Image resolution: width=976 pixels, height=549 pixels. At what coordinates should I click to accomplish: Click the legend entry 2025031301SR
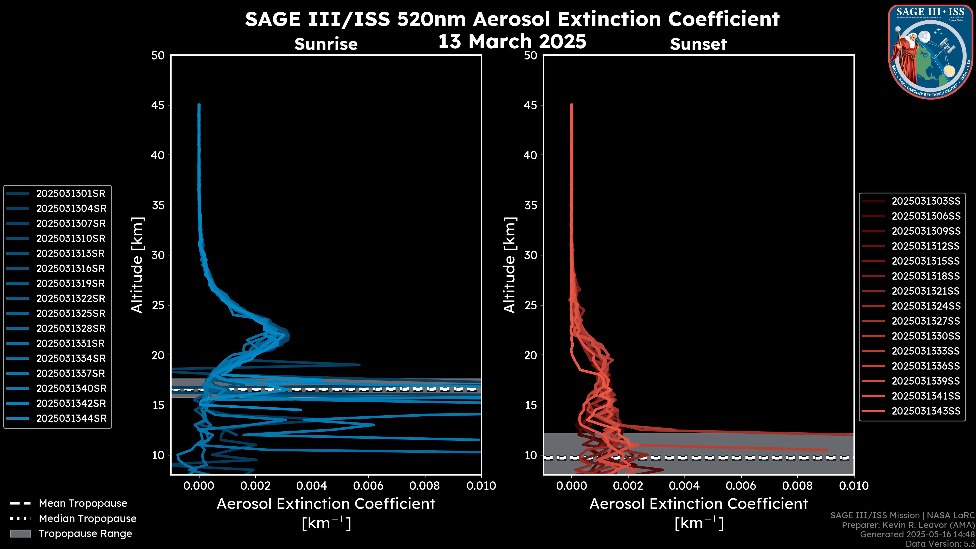(70, 194)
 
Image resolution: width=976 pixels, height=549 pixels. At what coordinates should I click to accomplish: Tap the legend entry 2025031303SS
(926, 201)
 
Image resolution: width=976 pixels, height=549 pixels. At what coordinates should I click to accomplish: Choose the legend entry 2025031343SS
(926, 411)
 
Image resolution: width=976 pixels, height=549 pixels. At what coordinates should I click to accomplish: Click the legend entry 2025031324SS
(926, 306)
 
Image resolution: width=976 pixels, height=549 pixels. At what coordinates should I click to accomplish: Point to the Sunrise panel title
(326, 44)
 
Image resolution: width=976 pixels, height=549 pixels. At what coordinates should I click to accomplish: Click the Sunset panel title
(698, 44)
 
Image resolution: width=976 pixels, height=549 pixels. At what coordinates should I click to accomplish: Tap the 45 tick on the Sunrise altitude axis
(158, 105)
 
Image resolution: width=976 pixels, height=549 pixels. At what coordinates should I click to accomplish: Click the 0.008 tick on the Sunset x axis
(798, 486)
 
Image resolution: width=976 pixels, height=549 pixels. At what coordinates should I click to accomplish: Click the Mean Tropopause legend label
(83, 504)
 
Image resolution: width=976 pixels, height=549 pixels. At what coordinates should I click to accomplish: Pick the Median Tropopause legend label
(87, 519)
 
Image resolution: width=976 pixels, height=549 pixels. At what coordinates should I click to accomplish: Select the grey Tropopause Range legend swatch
(20, 533)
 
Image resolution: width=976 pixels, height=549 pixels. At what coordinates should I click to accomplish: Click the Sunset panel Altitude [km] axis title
(510, 265)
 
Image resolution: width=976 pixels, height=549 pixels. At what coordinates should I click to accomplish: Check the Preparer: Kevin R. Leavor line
(908, 525)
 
